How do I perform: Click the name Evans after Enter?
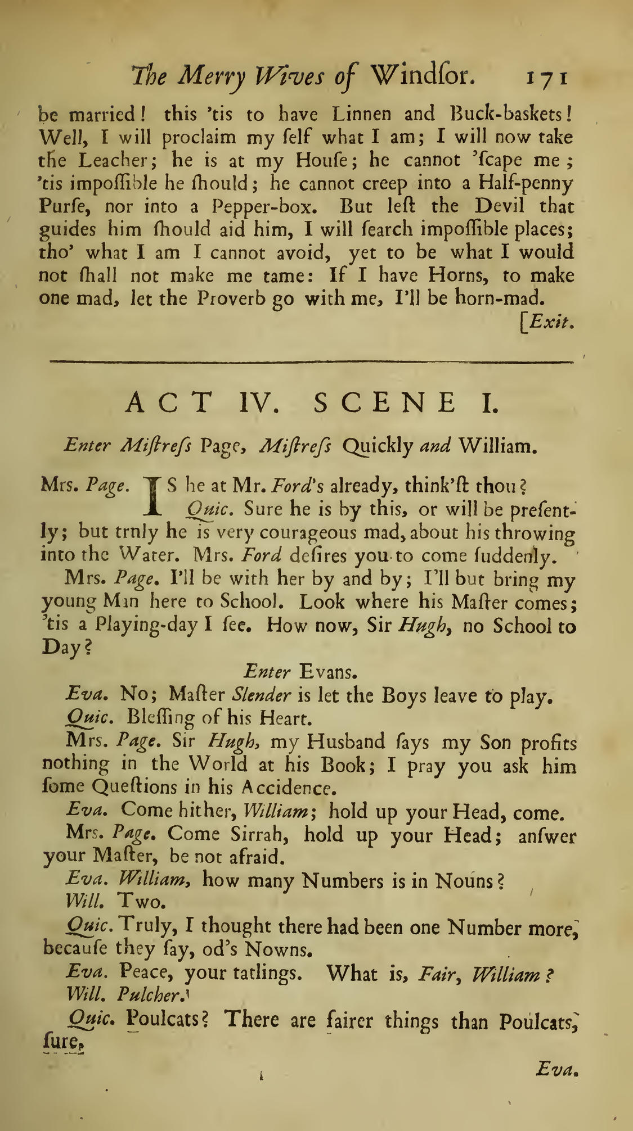325,672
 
